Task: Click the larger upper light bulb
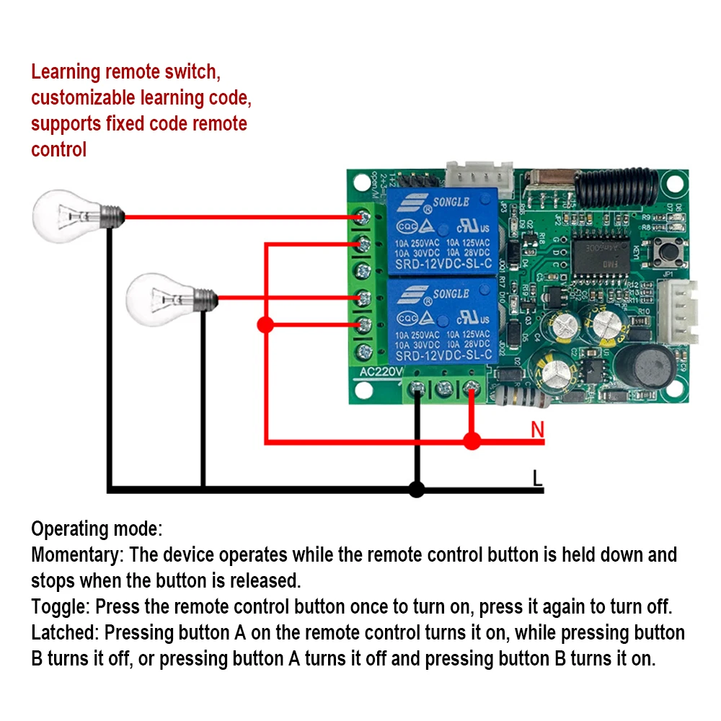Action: [72, 214]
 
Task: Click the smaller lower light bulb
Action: [166, 297]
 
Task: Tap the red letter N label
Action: [536, 430]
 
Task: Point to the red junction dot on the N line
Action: [472, 441]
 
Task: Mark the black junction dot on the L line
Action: [416, 490]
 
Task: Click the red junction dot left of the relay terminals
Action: [265, 325]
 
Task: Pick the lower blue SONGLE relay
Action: [441, 322]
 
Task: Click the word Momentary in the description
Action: [74, 554]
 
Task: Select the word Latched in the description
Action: [62, 633]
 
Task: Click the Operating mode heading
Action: [97, 528]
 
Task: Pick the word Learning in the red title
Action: [65, 72]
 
